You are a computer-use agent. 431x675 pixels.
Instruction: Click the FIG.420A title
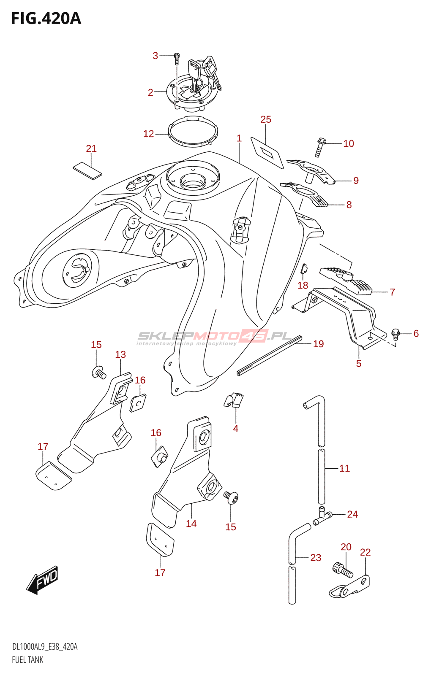pos(46,19)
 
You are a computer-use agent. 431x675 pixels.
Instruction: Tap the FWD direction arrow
pos(43,580)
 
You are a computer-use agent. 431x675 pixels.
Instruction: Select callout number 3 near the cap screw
pos(155,56)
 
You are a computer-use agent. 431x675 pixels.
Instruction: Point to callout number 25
pos(266,119)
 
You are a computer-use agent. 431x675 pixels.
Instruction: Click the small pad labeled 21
pos(87,170)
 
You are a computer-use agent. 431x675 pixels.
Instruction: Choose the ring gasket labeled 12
pos(193,131)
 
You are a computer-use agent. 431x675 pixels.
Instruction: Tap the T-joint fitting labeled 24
pos(322,516)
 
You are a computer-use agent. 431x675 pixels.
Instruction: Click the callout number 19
pos(318,344)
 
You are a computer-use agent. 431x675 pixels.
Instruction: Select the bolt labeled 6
pos(396,334)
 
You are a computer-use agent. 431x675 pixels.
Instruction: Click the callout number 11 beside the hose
pos(344,468)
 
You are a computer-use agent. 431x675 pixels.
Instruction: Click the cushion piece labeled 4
pos(234,400)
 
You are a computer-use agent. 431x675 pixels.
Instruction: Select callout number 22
pos(365,552)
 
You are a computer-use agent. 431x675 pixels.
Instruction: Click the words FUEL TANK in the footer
pos(27,660)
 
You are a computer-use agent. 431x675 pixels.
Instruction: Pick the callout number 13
pos(120,354)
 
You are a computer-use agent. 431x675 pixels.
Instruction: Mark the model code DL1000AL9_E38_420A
pos(45,647)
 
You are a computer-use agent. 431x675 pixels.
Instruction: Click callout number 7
pos(392,292)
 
